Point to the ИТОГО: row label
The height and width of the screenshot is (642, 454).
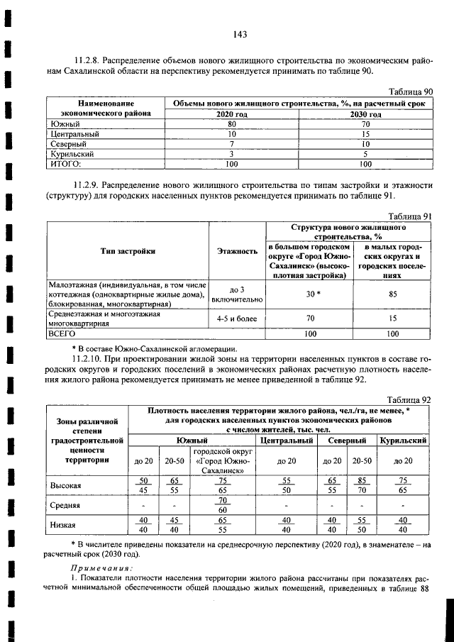click(x=63, y=163)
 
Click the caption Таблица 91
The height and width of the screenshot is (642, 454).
click(x=411, y=216)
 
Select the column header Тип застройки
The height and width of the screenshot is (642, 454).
click(x=128, y=250)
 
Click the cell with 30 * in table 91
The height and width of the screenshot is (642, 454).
click(x=309, y=294)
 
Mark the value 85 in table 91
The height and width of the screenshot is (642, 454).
click(x=392, y=294)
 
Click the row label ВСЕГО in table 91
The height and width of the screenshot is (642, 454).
click(x=61, y=332)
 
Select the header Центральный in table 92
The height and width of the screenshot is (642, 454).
click(x=287, y=441)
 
